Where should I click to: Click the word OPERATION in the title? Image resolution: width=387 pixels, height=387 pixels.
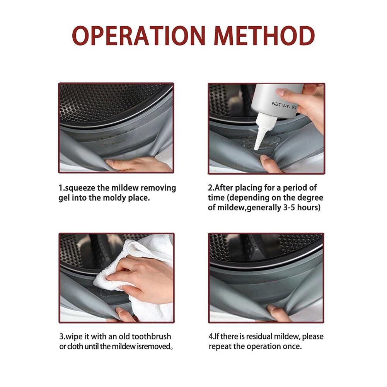(139, 36)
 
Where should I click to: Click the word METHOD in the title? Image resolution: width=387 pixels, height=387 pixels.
(264, 36)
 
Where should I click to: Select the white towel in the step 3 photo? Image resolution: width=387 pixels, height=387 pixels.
(138, 276)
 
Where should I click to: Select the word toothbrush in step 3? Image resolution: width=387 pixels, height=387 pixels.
(151, 336)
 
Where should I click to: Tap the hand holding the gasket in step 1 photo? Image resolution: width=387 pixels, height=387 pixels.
(138, 164)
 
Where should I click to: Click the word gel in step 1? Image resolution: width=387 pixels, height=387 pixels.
(64, 198)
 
